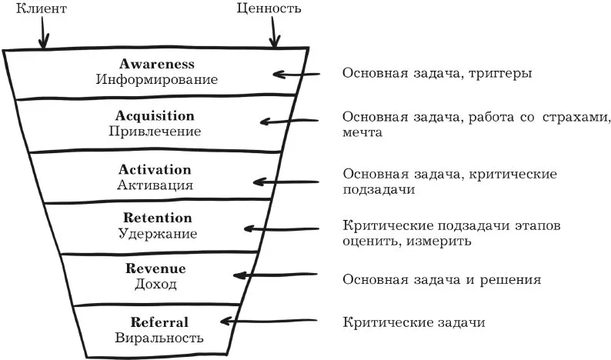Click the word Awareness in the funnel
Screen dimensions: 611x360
click(x=157, y=64)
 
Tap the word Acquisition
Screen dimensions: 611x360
click(x=155, y=115)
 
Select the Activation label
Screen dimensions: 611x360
click(x=155, y=169)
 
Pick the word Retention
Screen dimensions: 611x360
click(x=158, y=218)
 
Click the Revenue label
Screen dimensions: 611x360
click(x=155, y=268)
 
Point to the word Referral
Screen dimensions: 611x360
click(x=159, y=322)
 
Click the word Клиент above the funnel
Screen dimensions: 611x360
click(x=42, y=8)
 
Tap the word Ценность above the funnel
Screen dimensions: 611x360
click(x=269, y=8)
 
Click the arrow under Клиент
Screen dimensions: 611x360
click(x=43, y=32)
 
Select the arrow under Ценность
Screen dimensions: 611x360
click(x=274, y=32)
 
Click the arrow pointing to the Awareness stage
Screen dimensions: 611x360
click(x=296, y=74)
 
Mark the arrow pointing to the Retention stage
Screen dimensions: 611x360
click(x=282, y=228)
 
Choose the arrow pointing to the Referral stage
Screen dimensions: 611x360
click(x=269, y=321)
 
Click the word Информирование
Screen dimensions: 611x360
click(x=157, y=79)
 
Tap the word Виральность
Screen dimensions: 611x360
click(x=159, y=338)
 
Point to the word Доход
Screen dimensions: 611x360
click(x=155, y=284)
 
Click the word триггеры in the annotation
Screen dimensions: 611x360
click(x=500, y=74)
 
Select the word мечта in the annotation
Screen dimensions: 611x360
click(x=362, y=132)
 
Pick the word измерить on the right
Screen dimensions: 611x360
click(x=439, y=242)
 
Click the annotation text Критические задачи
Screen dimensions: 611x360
click(x=414, y=322)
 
